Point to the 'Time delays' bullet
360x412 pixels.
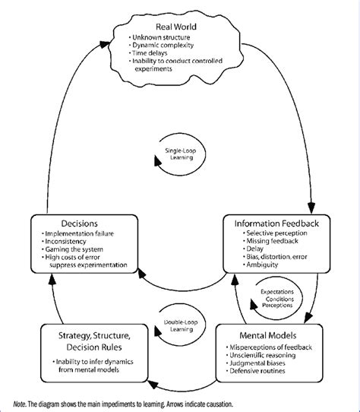(x=153, y=55)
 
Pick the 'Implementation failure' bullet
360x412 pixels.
(x=84, y=236)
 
